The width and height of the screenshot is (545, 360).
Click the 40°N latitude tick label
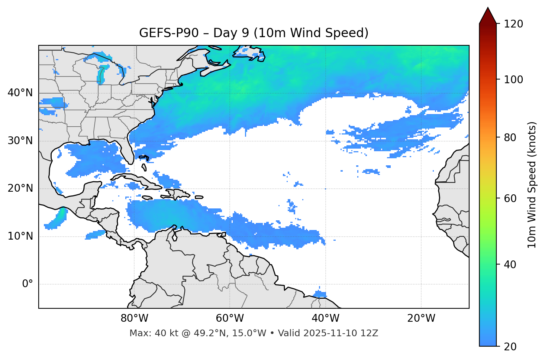pyautogui.click(x=20, y=93)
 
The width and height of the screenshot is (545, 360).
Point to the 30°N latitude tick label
pyautogui.click(x=20, y=141)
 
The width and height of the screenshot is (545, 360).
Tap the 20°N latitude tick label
pyautogui.click(x=20, y=188)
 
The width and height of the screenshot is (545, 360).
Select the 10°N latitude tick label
pyautogui.click(x=20, y=236)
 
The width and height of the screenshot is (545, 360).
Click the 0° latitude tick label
pyautogui.click(x=28, y=284)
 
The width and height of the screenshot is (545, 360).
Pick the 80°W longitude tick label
pyautogui.click(x=134, y=318)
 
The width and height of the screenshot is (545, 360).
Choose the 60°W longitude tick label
pyautogui.click(x=230, y=318)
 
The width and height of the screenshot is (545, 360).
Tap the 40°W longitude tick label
pyautogui.click(x=326, y=318)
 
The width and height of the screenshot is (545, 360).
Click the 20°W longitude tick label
pyautogui.click(x=421, y=318)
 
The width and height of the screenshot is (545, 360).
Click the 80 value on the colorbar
pyautogui.click(x=510, y=137)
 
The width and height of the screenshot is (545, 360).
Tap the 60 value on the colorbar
pyautogui.click(x=510, y=198)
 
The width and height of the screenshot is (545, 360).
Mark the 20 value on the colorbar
pyautogui.click(x=510, y=347)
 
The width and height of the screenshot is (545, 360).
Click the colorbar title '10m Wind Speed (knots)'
pyautogui.click(x=532, y=185)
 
